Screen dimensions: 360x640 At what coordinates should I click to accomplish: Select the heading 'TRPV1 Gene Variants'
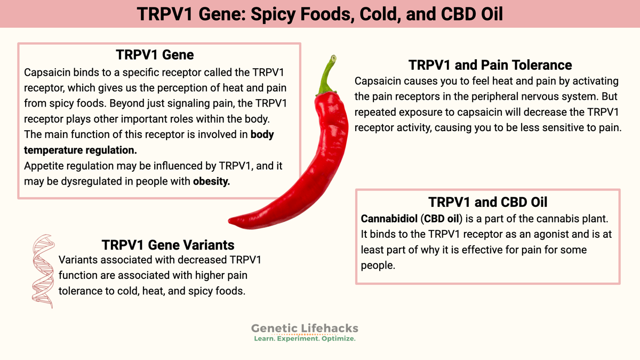168,245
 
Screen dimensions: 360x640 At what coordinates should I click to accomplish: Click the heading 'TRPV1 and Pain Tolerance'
490,65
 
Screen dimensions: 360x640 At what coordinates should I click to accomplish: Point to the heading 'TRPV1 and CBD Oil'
487,202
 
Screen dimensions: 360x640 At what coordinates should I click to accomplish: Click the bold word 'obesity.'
211,181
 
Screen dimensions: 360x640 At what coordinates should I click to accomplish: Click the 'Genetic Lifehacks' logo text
305,329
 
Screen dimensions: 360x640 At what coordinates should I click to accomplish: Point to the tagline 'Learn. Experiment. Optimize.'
305,339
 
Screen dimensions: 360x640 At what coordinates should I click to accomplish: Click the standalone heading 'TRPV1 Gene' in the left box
155,54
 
